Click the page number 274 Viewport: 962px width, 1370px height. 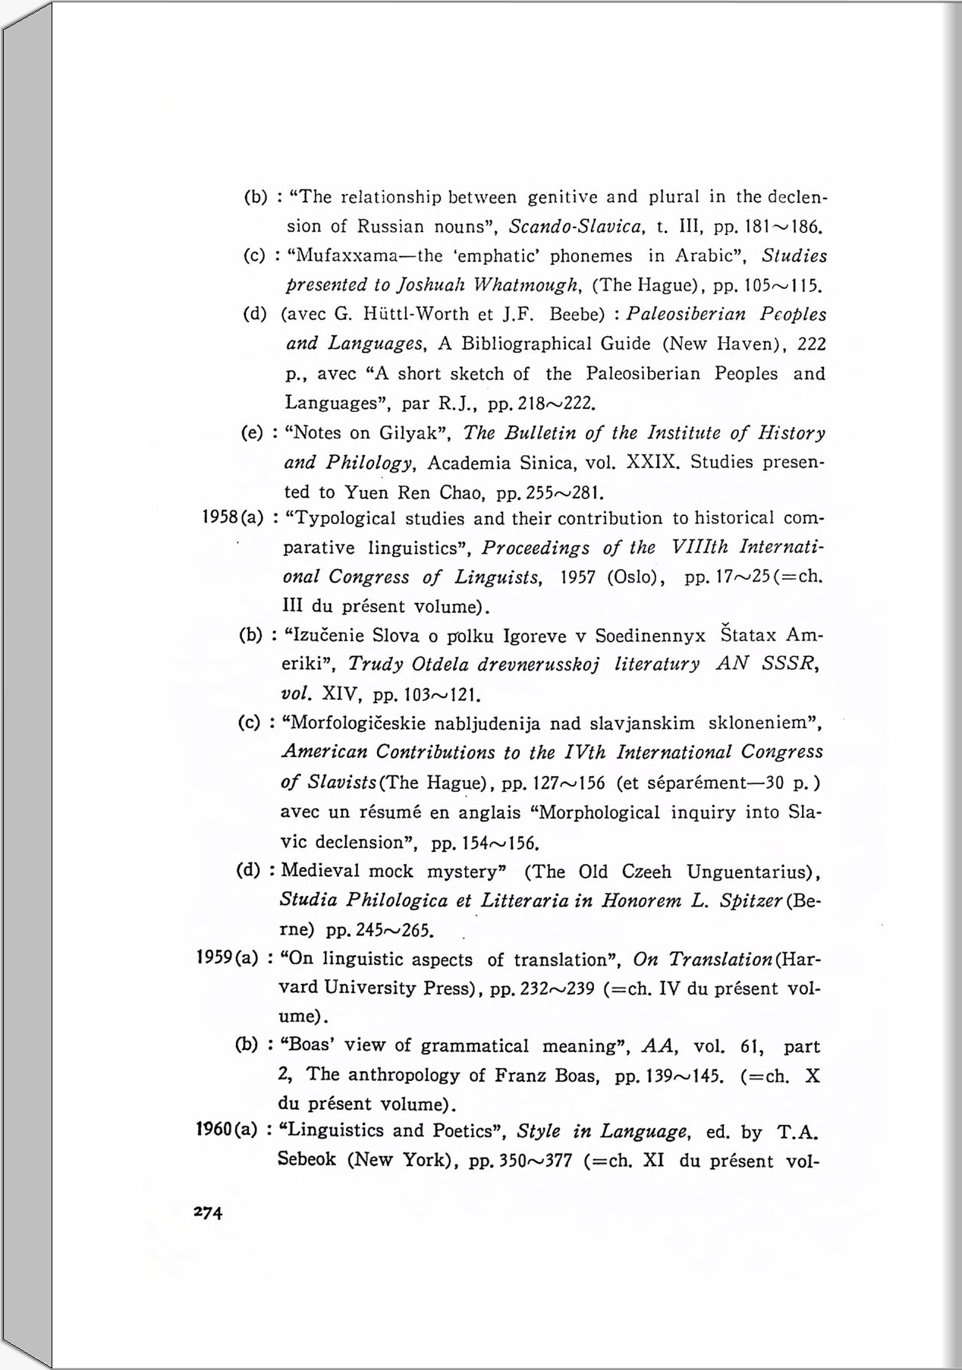click(208, 1212)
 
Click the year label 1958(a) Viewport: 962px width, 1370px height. click(232, 519)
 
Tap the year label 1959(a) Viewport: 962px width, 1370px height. click(228, 959)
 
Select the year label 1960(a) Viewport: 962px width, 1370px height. click(228, 1130)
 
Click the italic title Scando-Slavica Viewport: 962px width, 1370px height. click(577, 226)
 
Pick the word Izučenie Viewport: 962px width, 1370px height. click(321, 635)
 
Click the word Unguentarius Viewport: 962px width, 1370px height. click(750, 872)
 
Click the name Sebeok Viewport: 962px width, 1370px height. click(307, 1161)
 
